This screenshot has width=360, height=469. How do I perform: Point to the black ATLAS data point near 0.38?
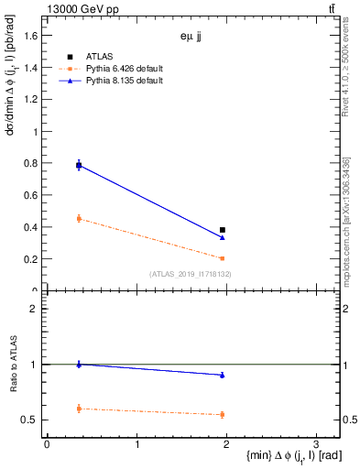(222, 230)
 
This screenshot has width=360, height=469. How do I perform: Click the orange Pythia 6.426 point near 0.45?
(79, 218)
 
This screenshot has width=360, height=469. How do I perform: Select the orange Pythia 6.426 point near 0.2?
(222, 258)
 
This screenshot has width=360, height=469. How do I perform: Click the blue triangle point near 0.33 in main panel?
(222, 237)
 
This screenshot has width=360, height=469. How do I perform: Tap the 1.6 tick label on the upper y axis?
(32, 36)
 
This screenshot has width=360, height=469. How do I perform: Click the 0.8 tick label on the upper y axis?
(32, 163)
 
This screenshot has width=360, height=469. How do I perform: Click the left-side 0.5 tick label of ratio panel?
(32, 420)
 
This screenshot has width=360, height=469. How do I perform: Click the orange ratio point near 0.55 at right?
(222, 415)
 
